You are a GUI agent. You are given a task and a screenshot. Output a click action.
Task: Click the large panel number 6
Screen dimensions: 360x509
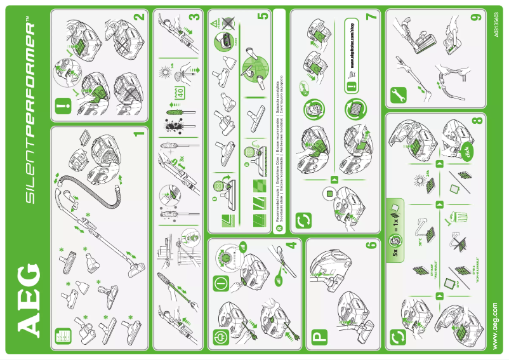pos(373,247)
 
